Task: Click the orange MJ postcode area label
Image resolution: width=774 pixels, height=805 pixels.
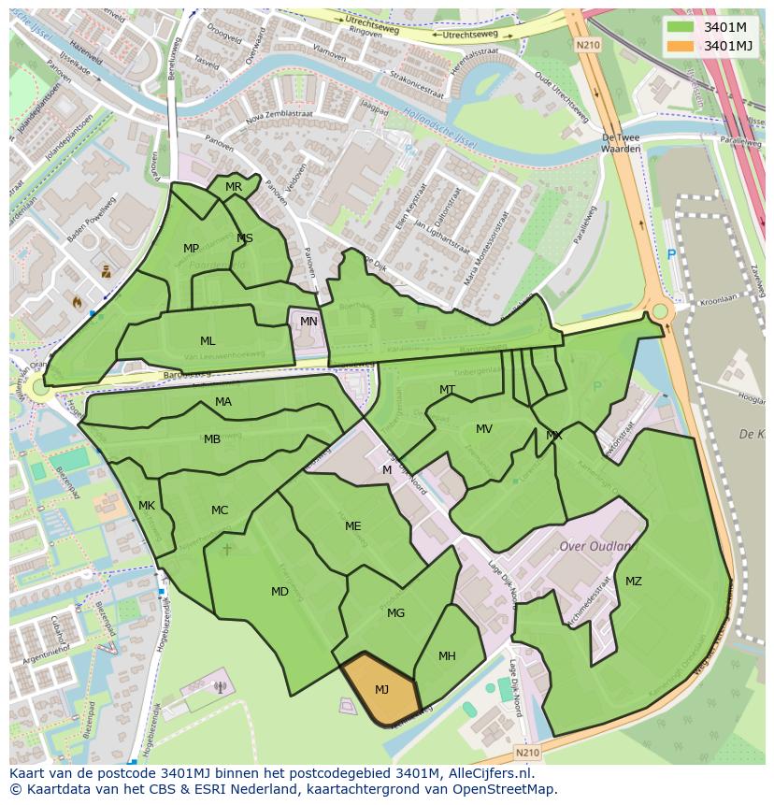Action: [x=381, y=690]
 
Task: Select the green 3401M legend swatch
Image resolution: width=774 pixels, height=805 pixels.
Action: [x=681, y=26]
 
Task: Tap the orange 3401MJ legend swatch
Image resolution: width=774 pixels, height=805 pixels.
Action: [x=681, y=46]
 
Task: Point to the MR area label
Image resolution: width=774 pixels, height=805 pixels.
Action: [x=234, y=187]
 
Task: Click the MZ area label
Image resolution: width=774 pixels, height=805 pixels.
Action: [x=634, y=582]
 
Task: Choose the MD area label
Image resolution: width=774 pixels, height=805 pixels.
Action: [x=279, y=592]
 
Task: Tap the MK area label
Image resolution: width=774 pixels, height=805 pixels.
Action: [x=147, y=506]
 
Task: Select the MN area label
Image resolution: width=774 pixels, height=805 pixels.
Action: [x=308, y=322]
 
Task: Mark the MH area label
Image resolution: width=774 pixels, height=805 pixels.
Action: [x=447, y=656]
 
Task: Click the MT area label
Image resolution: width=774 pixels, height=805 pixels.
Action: [x=448, y=390]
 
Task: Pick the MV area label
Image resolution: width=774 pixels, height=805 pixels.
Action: [x=484, y=429]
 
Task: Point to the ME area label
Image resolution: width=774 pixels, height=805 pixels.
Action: [x=352, y=526]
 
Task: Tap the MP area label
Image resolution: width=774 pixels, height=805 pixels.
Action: [x=191, y=249]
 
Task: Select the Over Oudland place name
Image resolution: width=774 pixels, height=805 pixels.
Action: [x=595, y=546]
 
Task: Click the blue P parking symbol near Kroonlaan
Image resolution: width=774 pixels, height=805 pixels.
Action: [x=670, y=254]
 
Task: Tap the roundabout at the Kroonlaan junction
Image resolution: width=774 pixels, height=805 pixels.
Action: [x=660, y=311]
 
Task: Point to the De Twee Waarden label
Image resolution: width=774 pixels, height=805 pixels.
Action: [x=620, y=142]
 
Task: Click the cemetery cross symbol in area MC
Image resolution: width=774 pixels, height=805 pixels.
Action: [x=226, y=549]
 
